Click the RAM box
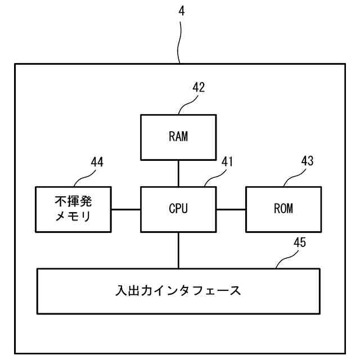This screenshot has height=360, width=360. [x=178, y=137]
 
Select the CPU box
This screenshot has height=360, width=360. [x=178, y=209]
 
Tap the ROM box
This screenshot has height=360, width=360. [x=283, y=209]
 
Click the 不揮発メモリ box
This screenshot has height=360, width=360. [x=73, y=209]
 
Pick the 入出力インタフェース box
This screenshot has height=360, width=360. [x=178, y=291]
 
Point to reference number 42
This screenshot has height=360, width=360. [x=199, y=87]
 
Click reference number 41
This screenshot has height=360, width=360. [x=227, y=162]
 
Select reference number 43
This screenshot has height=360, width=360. [x=307, y=162]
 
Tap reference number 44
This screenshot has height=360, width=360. [x=97, y=162]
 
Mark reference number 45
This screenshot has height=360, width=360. [x=300, y=243]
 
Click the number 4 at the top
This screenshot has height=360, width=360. [x=181, y=10]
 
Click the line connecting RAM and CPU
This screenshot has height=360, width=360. [x=178, y=173]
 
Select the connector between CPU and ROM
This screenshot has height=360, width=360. [x=231, y=209]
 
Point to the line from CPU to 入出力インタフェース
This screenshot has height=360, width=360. [x=178, y=250]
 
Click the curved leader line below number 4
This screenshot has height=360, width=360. [x=179, y=39]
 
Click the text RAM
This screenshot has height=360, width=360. [x=178, y=137]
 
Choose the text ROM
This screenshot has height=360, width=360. [x=283, y=209]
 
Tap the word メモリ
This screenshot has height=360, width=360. [x=73, y=217]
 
